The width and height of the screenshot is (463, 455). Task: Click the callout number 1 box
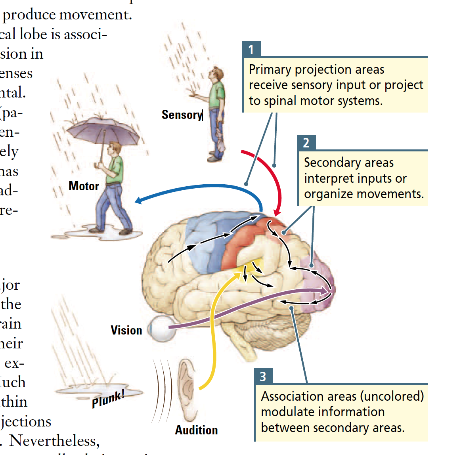251,49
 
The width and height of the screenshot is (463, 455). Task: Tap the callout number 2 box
306,143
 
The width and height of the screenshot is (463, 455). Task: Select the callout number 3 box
263,376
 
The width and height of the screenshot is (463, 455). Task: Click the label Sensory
182,115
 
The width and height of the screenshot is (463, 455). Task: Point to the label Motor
84,186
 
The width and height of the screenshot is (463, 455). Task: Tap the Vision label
126,330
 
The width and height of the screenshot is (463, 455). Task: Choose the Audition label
196,430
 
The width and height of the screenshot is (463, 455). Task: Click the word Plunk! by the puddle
108,399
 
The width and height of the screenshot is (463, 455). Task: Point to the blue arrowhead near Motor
138,200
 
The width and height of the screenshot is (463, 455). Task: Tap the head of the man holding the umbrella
115,148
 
